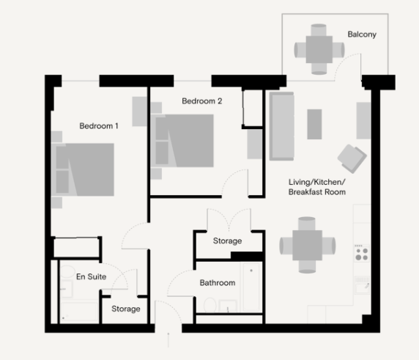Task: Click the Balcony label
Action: (x=362, y=34)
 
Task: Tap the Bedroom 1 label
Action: (x=99, y=126)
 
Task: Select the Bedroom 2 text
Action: (x=202, y=101)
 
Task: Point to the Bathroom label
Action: (x=218, y=283)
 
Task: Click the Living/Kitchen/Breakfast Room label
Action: (x=316, y=186)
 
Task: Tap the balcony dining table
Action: (x=319, y=49)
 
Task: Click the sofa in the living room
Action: (x=281, y=125)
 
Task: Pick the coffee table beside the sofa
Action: (x=314, y=124)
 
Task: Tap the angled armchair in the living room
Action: (x=351, y=157)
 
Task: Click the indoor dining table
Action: (x=307, y=246)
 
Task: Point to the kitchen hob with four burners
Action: (x=361, y=253)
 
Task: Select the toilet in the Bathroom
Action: (x=209, y=305)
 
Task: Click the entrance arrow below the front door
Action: (x=169, y=339)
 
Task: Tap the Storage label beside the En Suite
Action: (x=126, y=309)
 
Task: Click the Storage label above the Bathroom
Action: (x=227, y=241)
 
